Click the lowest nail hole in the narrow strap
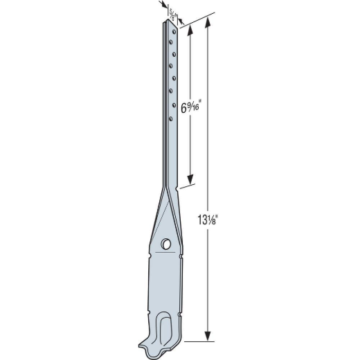[x=170, y=118]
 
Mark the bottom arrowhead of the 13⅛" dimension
[x=208, y=338]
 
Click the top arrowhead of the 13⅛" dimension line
[x=208, y=21]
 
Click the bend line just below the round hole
[x=166, y=253]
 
